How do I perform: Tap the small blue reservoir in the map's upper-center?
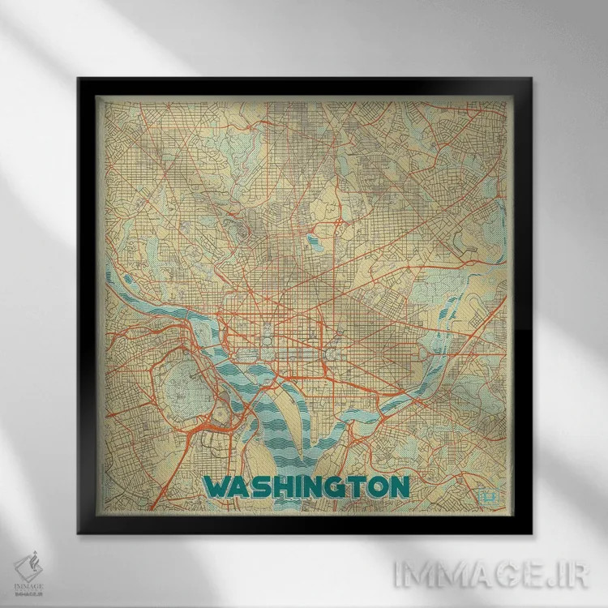point(312,240)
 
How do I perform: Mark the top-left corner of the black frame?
point(78,79)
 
